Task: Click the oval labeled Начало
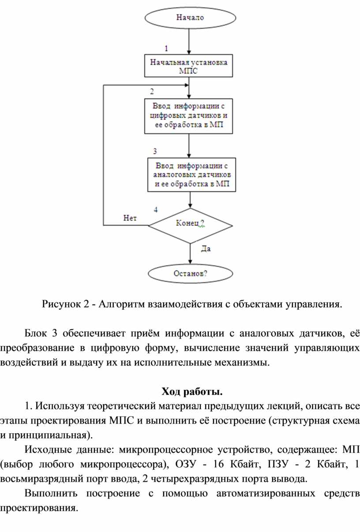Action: click(x=190, y=18)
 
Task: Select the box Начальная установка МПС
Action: click(x=189, y=66)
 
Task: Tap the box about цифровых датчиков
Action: click(x=189, y=116)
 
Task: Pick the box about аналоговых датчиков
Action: click(x=191, y=175)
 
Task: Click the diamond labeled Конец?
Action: click(x=190, y=225)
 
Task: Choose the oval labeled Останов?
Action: click(x=191, y=274)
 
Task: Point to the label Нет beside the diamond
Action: click(x=130, y=217)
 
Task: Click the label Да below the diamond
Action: click(x=206, y=249)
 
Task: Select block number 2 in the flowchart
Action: click(x=152, y=92)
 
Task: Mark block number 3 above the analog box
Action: click(x=155, y=151)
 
